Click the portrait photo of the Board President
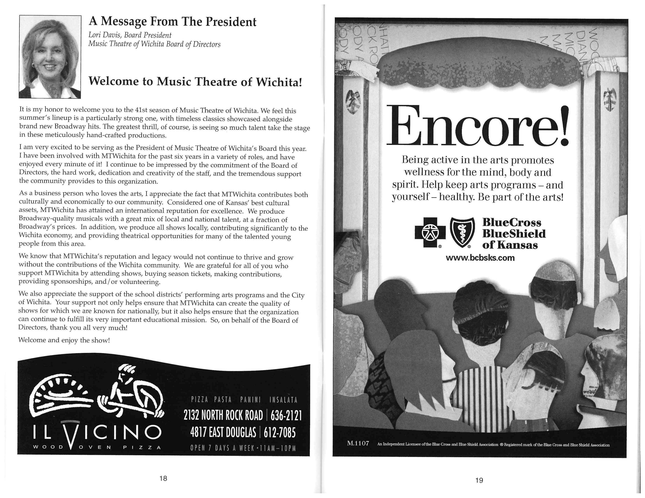click(x=50, y=57)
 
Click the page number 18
click(x=163, y=478)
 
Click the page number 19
click(x=479, y=480)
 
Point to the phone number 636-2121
click(x=286, y=416)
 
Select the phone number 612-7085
click(x=279, y=433)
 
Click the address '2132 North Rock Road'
click(x=223, y=416)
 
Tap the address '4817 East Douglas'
click(x=223, y=433)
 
